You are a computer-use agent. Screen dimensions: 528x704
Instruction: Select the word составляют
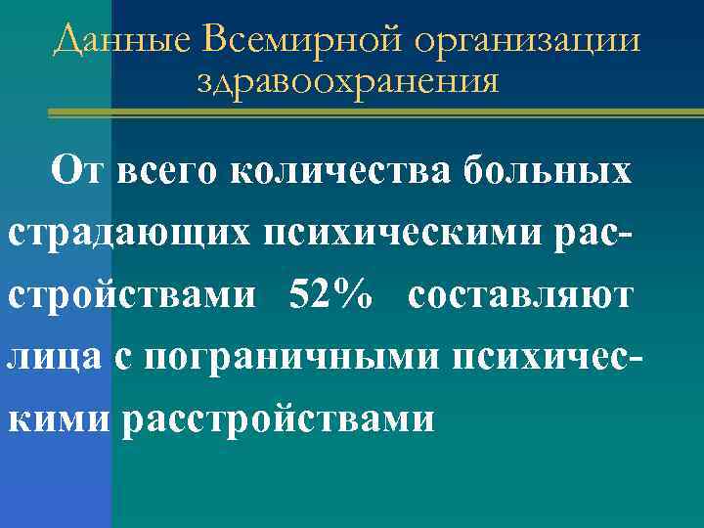521,295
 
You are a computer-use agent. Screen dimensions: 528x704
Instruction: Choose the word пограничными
268,358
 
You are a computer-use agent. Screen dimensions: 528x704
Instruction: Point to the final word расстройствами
279,420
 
